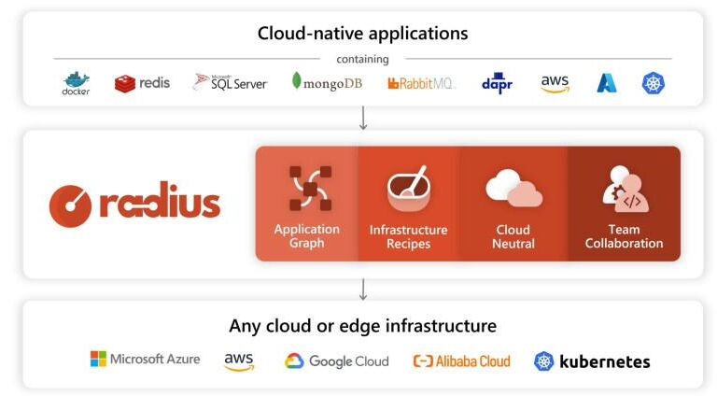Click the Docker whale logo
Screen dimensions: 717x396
point(76,83)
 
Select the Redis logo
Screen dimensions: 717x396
point(142,83)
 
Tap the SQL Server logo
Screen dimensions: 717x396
point(230,83)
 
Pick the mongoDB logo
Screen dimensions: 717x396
point(327,82)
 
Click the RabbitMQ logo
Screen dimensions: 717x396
point(421,83)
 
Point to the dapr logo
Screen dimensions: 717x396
point(497,83)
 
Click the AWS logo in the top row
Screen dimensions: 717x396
point(555,84)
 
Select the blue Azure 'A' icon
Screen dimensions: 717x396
point(607,83)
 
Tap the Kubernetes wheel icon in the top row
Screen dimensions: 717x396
point(653,83)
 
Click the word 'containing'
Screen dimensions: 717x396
point(362,59)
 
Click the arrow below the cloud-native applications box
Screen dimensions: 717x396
point(363,118)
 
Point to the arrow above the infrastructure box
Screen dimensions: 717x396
point(363,290)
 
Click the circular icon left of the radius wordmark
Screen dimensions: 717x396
point(70,205)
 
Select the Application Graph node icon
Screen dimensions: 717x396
point(311,189)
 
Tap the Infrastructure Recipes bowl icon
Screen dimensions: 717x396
point(408,188)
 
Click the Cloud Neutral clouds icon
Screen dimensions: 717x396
point(514,189)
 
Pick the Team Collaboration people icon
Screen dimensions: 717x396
point(625,189)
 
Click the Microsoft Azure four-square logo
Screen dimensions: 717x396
point(98,359)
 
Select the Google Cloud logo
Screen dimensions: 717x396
point(336,361)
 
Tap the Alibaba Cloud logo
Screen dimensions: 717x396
point(461,361)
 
